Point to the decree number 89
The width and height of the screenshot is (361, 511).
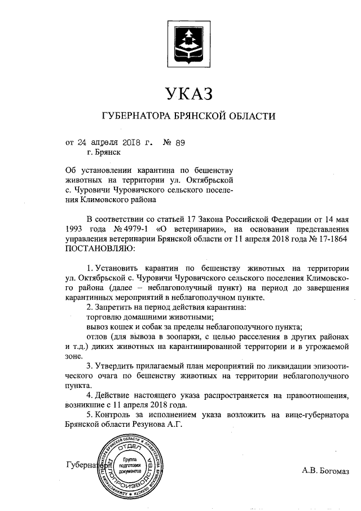[x=179, y=143]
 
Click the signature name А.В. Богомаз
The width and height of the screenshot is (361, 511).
[x=325, y=470]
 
